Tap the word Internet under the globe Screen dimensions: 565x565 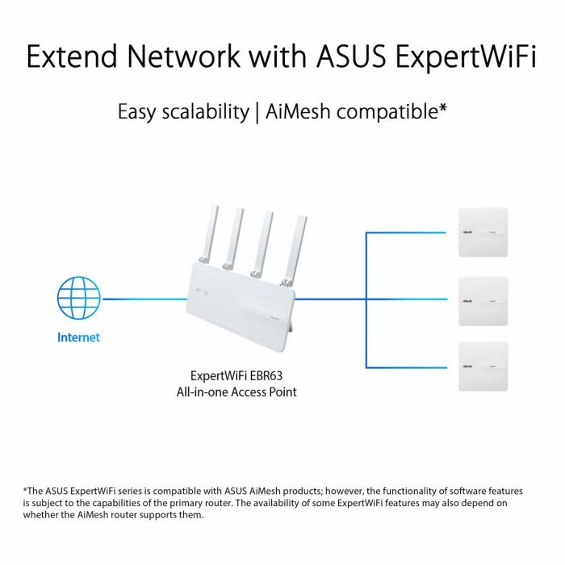(x=78, y=337)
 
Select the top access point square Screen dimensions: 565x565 (x=483, y=232)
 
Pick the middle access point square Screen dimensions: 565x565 (x=483, y=300)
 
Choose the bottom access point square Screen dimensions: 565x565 (x=483, y=366)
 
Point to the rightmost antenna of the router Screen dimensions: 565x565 (x=298, y=247)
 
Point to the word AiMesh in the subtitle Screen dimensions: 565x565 (x=298, y=111)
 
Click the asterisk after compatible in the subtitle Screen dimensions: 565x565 (x=443, y=107)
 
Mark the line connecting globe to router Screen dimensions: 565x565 (x=145, y=299)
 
